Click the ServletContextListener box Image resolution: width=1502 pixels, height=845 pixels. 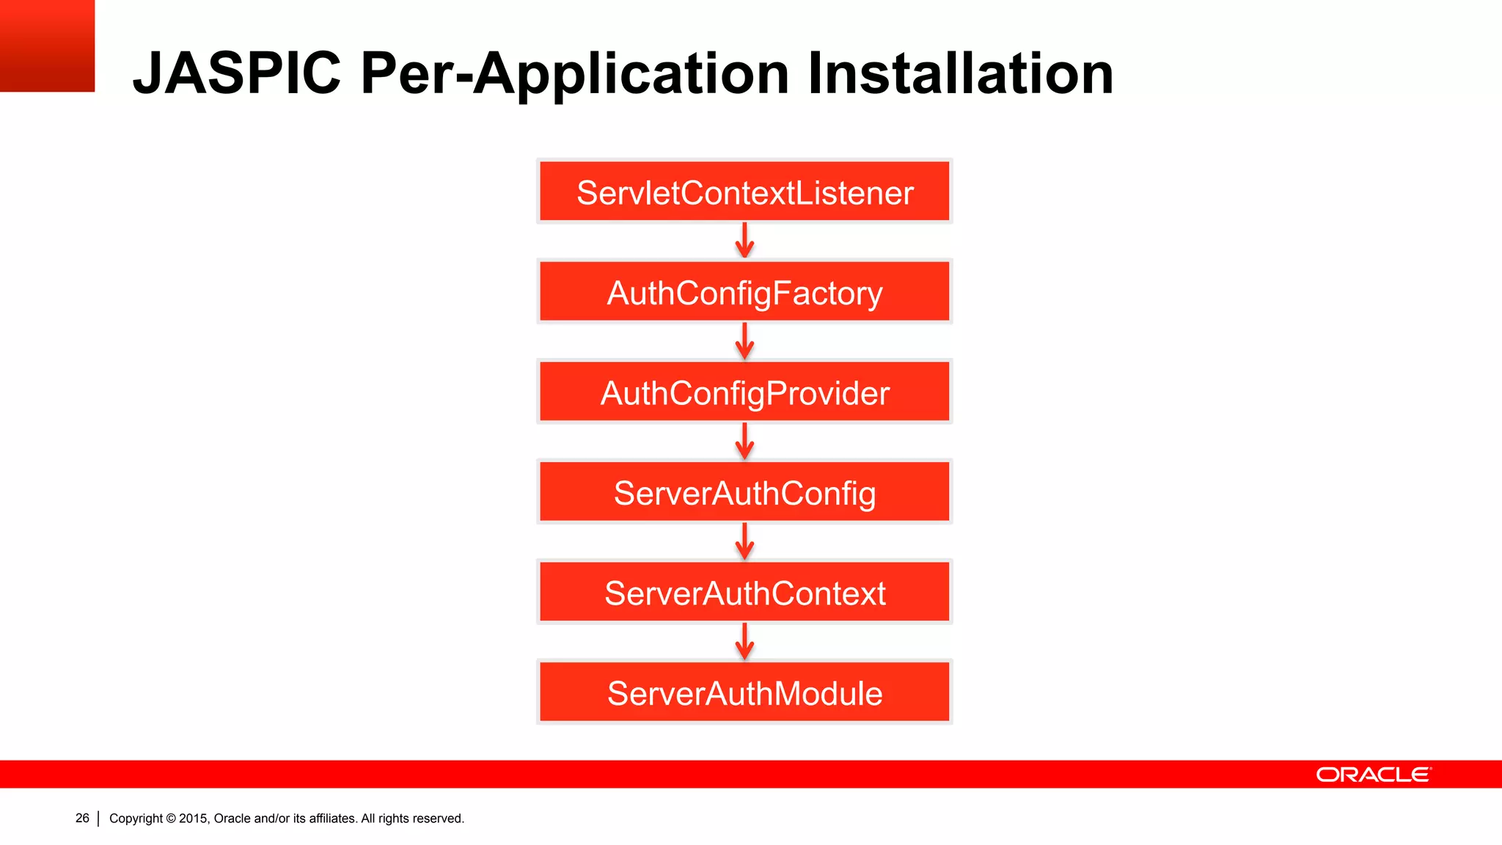click(744, 191)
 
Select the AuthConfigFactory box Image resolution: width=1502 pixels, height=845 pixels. click(744, 292)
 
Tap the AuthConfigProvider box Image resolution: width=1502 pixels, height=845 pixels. click(744, 392)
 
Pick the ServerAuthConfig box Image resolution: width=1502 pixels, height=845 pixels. click(744, 492)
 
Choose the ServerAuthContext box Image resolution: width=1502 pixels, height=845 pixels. click(744, 592)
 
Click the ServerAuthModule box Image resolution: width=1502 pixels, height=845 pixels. click(744, 692)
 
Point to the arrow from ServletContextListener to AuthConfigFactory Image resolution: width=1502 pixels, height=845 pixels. click(744, 241)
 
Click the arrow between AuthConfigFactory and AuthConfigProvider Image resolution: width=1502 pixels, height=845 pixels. click(744, 341)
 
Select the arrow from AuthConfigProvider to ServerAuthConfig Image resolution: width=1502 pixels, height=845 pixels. click(744, 441)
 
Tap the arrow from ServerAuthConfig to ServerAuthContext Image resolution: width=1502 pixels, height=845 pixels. click(744, 541)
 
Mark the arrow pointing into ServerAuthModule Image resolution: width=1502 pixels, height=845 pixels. click(744, 641)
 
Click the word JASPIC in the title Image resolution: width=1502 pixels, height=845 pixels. click(236, 73)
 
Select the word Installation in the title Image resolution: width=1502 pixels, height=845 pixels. click(960, 73)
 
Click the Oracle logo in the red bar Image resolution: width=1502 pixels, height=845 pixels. click(1373, 775)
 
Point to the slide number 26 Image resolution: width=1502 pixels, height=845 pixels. click(82, 818)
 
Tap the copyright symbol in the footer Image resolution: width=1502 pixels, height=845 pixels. click(171, 819)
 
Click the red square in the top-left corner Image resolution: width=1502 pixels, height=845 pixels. click(47, 45)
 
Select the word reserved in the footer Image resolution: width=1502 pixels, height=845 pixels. click(439, 819)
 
